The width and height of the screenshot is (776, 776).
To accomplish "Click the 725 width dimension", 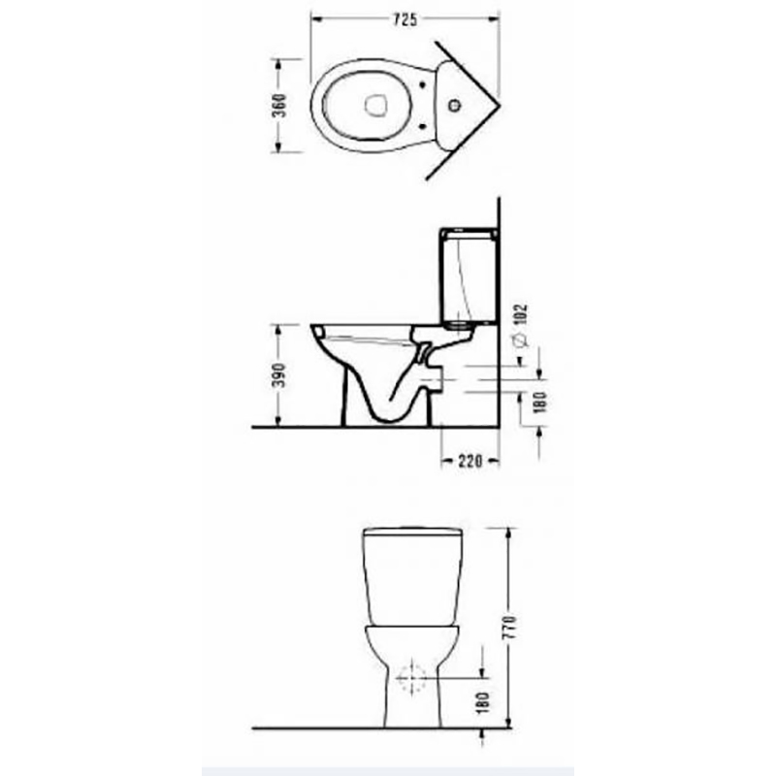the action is (404, 19).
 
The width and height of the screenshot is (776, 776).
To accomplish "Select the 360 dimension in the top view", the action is (279, 105).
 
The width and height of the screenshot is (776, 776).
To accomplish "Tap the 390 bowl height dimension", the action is (279, 375).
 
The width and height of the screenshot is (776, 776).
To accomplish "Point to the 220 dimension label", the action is (469, 462).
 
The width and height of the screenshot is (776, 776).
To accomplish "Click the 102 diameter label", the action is (521, 314).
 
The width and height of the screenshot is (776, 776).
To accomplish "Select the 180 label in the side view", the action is (540, 402).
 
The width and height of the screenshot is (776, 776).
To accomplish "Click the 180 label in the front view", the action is (483, 702).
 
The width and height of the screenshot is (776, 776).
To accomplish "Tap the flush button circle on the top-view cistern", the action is (454, 106).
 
